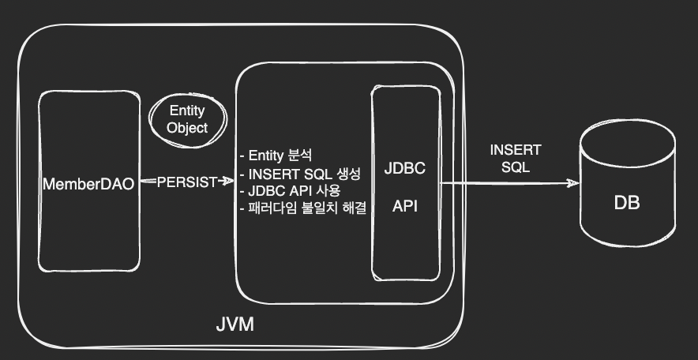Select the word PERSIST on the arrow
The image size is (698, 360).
coord(186,182)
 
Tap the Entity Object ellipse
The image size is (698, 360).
coord(187,119)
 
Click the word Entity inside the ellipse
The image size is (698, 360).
coord(187,112)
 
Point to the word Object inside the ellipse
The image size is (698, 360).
coord(187,127)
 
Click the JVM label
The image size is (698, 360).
coord(235,324)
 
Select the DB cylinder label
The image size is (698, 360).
coord(627,203)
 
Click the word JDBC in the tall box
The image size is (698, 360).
coord(405,170)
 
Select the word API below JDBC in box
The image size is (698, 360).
coord(405,206)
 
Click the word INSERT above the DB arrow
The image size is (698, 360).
coord(516,151)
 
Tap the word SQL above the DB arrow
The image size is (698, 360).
coord(515,167)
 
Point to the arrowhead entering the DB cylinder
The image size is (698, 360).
coord(574,183)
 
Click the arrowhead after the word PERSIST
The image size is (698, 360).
coord(230,182)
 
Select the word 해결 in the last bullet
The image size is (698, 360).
coord(355,208)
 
